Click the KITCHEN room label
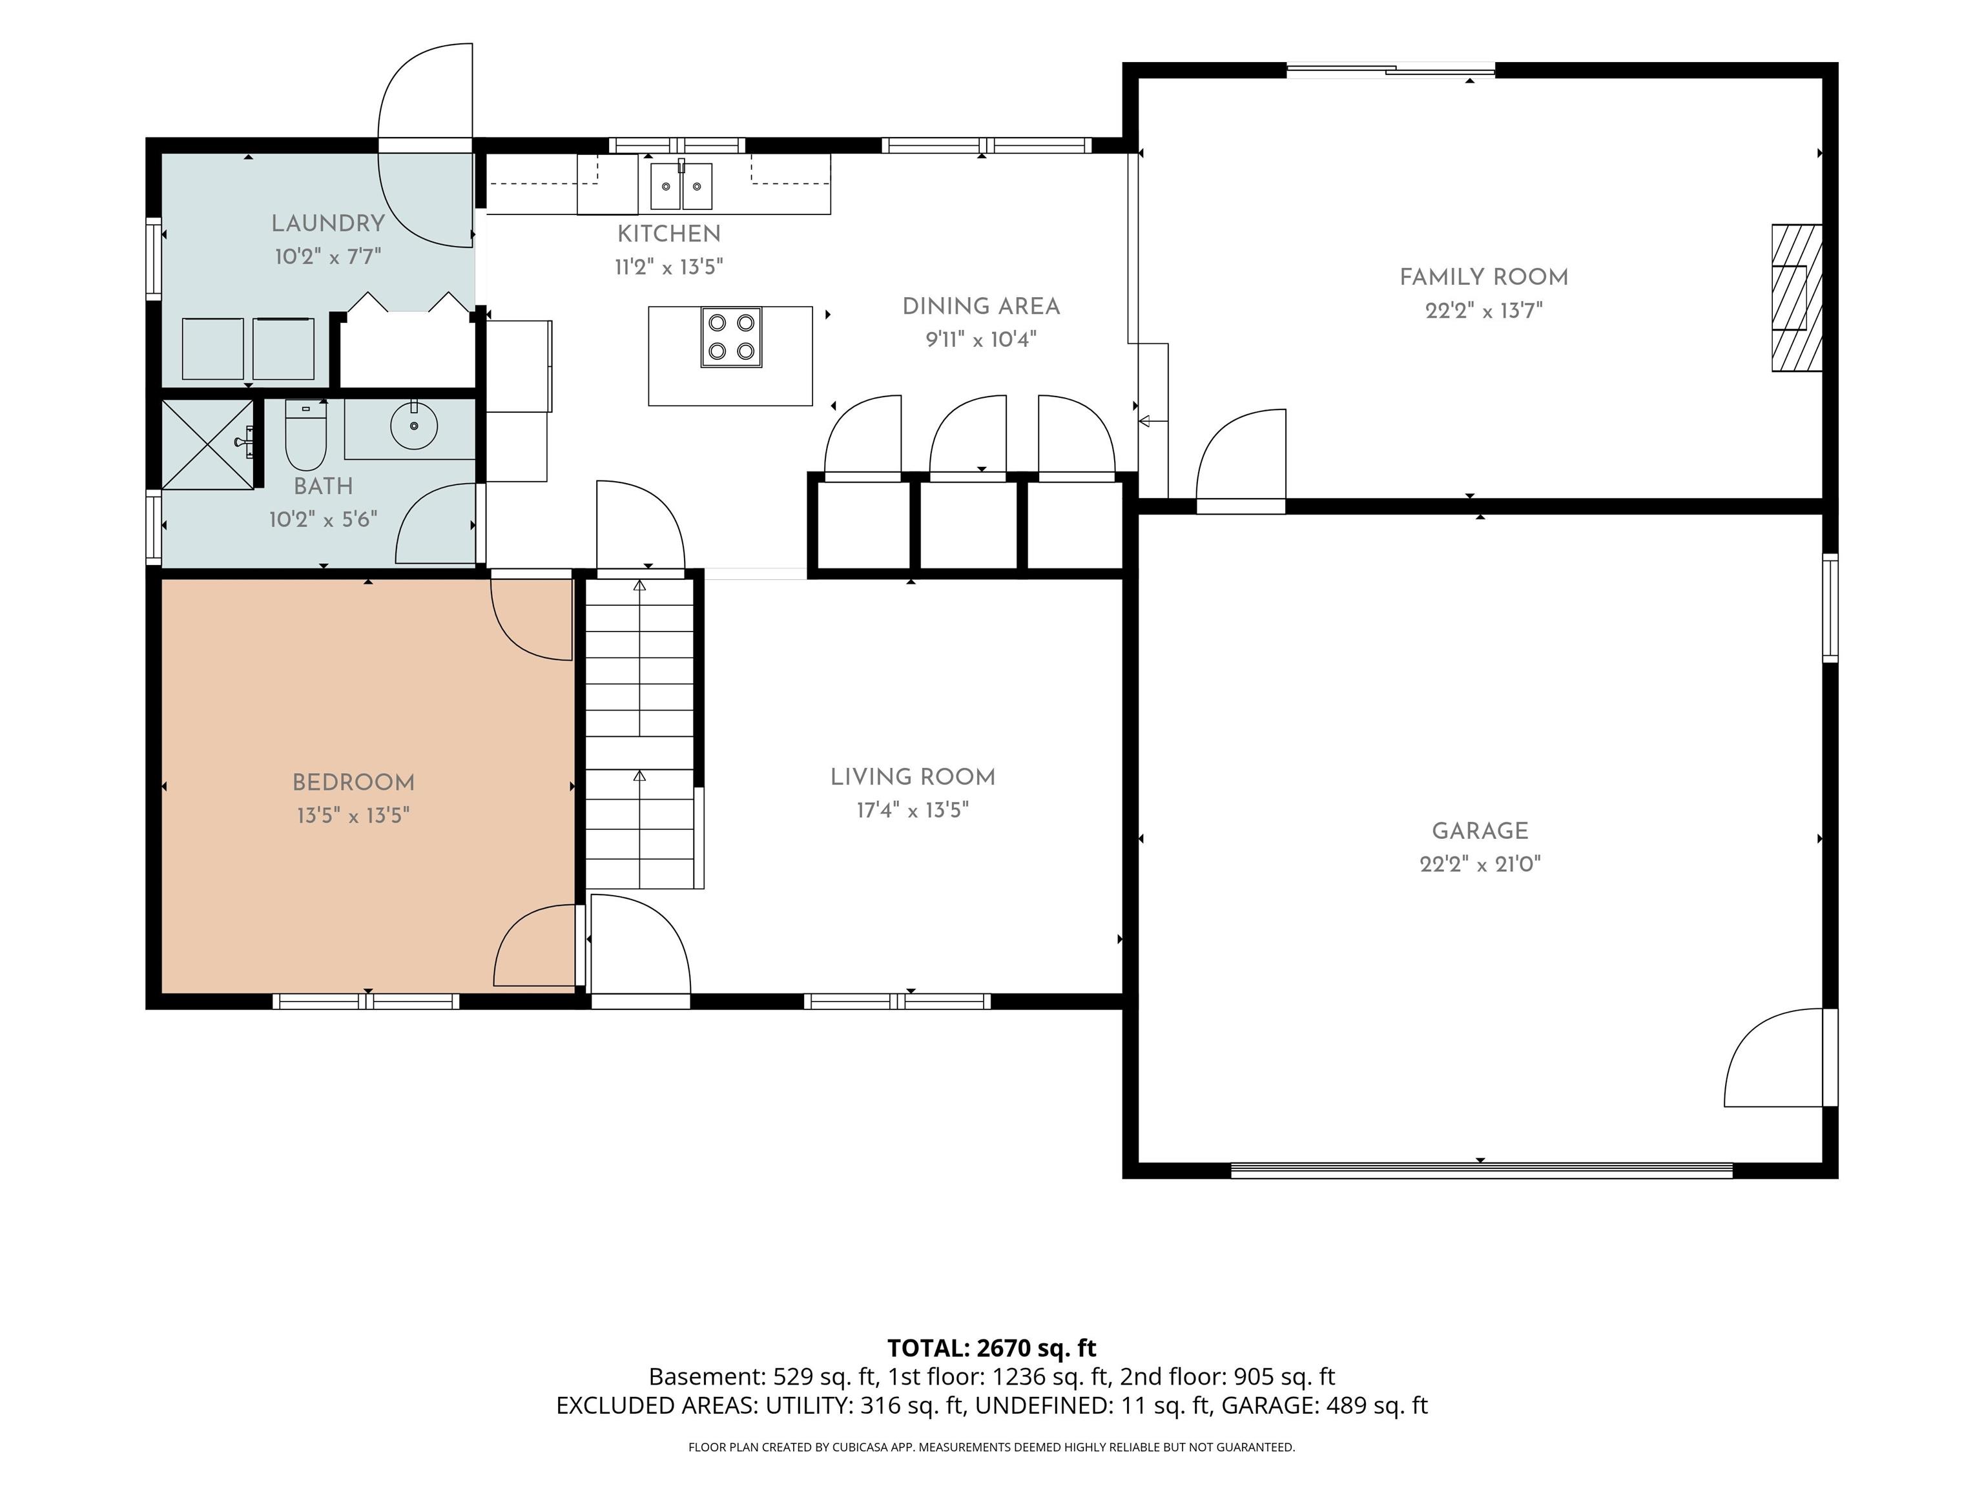(x=668, y=234)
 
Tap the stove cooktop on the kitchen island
(x=731, y=337)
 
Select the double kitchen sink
(x=681, y=185)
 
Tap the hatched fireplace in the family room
(x=1797, y=298)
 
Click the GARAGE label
(x=1480, y=831)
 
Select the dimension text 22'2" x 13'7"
(x=1483, y=311)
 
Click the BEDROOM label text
(x=353, y=782)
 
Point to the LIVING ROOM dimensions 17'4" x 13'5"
(x=912, y=811)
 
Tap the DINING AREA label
(x=981, y=307)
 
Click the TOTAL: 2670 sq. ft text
(x=991, y=1348)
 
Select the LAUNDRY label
(x=328, y=223)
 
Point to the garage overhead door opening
(x=1481, y=1170)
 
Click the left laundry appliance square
(x=212, y=349)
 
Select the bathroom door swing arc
(x=436, y=523)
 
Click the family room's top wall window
(x=1391, y=70)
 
